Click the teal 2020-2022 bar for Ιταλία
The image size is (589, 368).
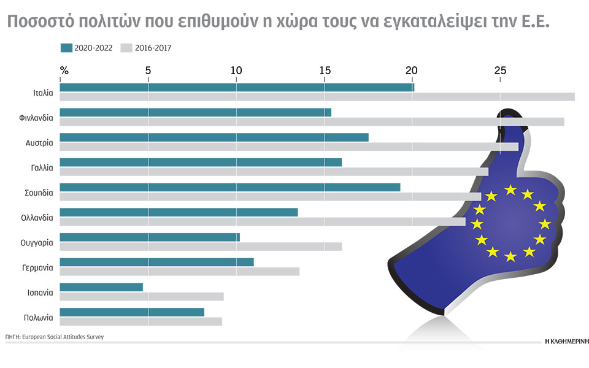(237, 87)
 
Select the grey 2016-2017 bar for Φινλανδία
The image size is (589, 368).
(312, 121)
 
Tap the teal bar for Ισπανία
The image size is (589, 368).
(101, 287)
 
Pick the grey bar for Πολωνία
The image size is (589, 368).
(141, 321)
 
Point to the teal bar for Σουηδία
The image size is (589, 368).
(230, 187)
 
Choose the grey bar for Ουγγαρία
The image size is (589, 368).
(201, 247)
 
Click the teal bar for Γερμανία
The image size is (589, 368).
(156, 262)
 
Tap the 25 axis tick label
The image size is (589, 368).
(500, 71)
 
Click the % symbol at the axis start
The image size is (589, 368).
(64, 71)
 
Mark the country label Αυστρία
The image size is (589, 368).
(39, 142)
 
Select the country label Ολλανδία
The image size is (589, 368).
(37, 217)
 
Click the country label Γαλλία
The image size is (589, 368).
(42, 167)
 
